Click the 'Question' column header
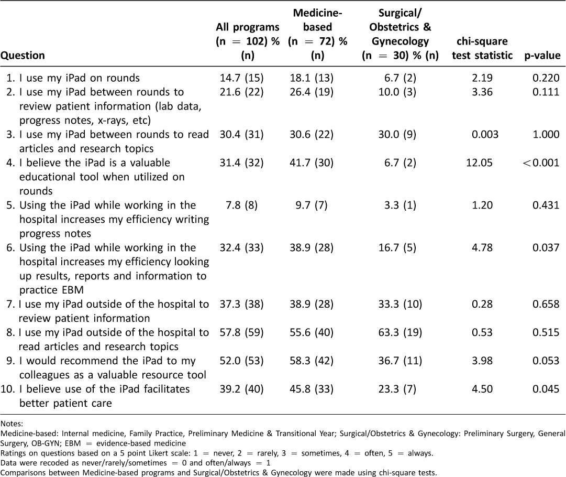[x=23, y=55]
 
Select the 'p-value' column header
[x=542, y=55]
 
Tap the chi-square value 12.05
[x=479, y=162]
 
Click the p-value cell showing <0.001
[x=541, y=162]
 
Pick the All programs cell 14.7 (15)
[x=242, y=78]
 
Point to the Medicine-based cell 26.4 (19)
[x=312, y=92]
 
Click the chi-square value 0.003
[x=485, y=134]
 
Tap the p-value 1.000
[x=546, y=134]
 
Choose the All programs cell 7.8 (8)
[x=242, y=205]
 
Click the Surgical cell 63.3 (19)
[x=400, y=332]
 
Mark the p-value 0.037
[x=546, y=247]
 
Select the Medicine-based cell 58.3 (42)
[x=312, y=361]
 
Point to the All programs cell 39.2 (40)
[x=242, y=389]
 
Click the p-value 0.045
[x=546, y=389]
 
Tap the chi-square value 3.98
[x=482, y=361]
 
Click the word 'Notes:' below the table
[x=12, y=424]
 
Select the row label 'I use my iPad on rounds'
[x=80, y=78]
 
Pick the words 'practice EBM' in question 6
[x=51, y=290]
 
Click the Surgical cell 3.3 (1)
[x=400, y=205]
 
